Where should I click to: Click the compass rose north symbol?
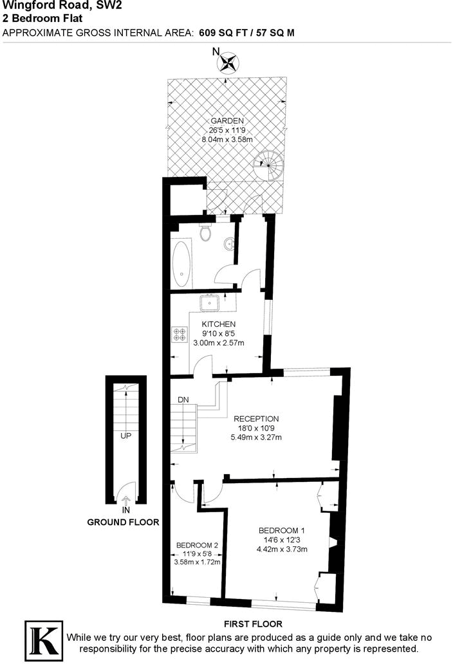(228, 63)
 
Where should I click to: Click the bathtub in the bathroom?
(181, 264)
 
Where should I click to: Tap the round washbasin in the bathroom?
(228, 244)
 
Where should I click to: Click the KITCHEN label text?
(219, 324)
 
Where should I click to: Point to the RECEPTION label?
(256, 419)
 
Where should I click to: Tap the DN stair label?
(183, 400)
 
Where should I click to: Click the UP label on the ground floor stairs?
(125, 436)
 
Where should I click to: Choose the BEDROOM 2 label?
(197, 546)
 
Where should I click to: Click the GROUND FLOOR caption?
(123, 522)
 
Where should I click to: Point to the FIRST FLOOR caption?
(253, 623)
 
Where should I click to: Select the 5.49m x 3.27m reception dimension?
(256, 438)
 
